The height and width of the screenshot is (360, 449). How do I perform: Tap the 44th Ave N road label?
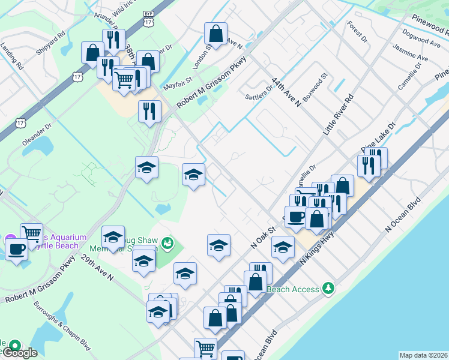285,91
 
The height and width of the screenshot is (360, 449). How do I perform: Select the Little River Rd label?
339,114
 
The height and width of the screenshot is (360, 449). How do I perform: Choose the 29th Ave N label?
97,268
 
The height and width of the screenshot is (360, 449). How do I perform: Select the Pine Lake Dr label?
378,139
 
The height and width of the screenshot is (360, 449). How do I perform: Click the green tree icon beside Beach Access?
328,289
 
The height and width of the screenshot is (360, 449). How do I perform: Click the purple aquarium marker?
10,239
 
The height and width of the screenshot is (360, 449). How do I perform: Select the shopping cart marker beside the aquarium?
31,232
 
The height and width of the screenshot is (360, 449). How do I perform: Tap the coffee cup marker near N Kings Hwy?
295,216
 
